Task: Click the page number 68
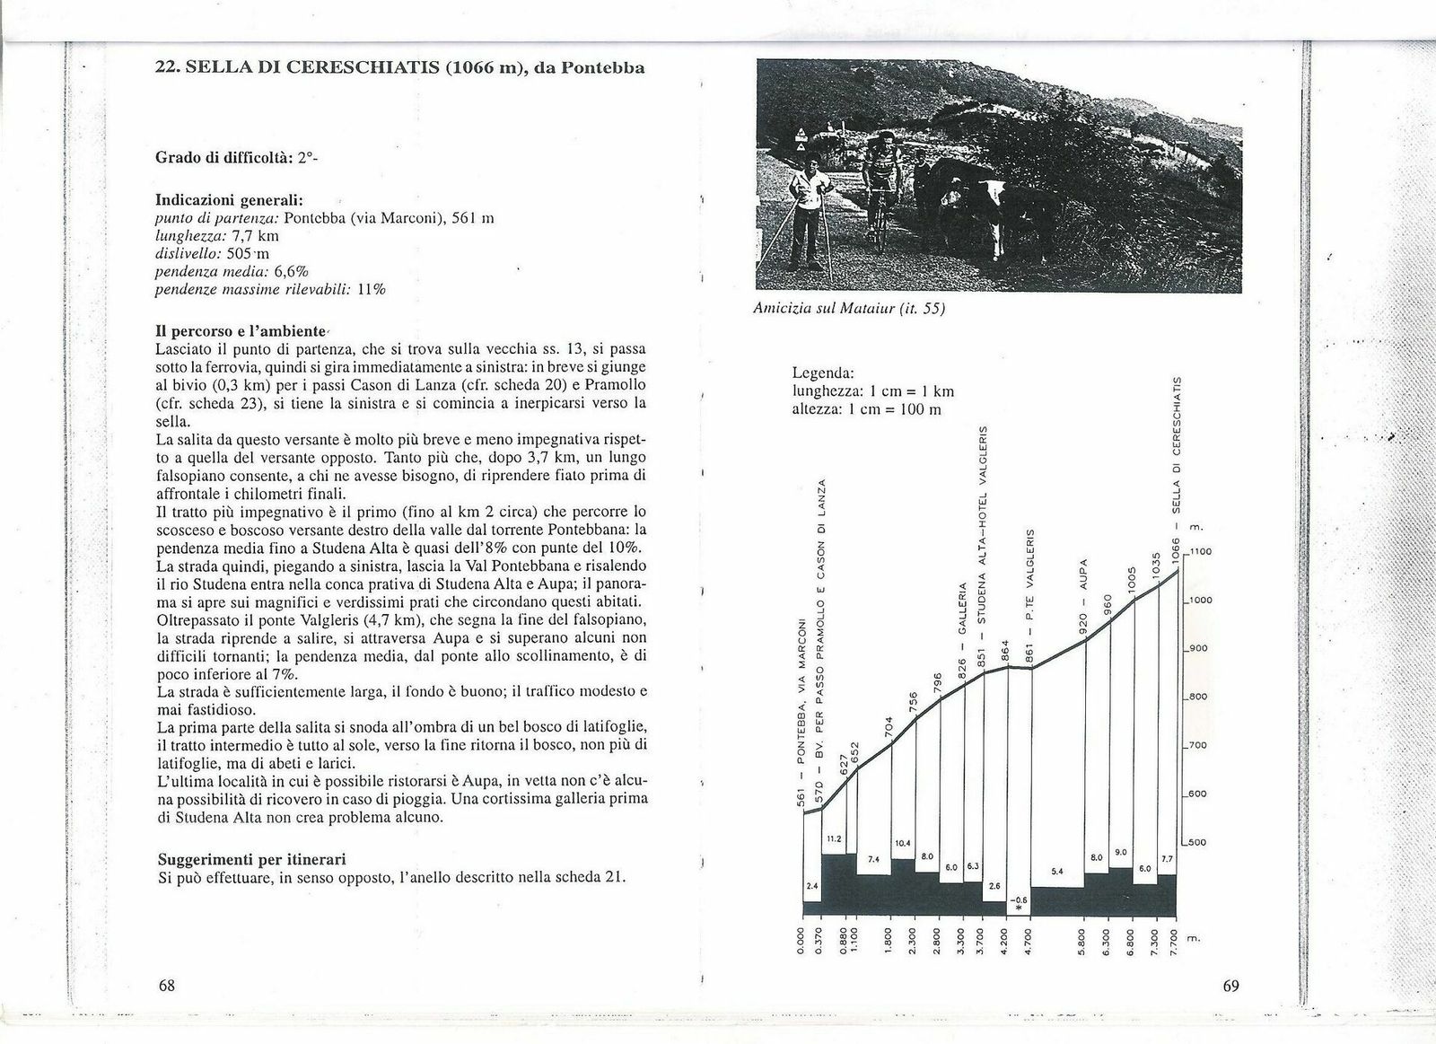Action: (x=166, y=986)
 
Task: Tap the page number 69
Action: (x=1230, y=987)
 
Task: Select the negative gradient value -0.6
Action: (x=1018, y=899)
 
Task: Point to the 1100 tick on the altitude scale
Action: (x=1201, y=552)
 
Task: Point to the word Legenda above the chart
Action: (x=824, y=372)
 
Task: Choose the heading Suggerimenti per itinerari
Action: (x=252, y=859)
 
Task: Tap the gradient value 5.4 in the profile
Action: (x=1055, y=871)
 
